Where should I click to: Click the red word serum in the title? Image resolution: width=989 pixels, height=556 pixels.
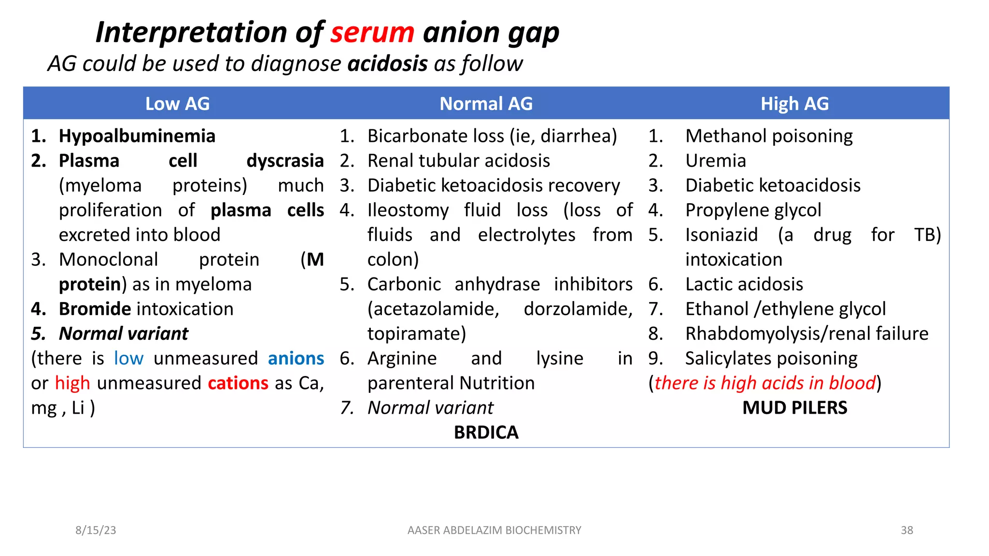click(372, 33)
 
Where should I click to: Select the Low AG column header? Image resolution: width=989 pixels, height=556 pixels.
click(177, 104)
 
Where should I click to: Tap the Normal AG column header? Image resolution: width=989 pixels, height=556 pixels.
click(486, 104)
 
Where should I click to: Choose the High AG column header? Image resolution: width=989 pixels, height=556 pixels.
click(794, 104)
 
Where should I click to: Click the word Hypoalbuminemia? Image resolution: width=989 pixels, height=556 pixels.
click(137, 136)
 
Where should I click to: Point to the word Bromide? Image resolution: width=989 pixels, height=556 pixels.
click(95, 309)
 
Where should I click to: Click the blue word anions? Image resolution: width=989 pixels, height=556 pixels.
click(296, 359)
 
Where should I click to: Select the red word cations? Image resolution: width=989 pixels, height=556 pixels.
click(238, 383)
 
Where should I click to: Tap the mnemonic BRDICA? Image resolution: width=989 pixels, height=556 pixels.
click(486, 432)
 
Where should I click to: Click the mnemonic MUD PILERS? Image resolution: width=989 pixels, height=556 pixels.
click(794, 408)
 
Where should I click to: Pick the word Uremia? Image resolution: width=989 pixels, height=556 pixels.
click(716, 161)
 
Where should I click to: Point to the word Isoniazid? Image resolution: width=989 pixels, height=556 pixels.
click(721, 235)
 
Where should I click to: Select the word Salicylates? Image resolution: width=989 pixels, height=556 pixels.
click(726, 359)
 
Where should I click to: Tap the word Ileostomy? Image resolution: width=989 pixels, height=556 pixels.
click(408, 210)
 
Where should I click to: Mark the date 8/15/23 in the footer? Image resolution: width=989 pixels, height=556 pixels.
click(96, 530)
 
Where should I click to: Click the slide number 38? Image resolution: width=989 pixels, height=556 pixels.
click(906, 530)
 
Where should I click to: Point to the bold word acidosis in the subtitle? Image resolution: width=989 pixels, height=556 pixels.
click(387, 64)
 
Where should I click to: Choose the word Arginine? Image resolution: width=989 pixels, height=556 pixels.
click(402, 359)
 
